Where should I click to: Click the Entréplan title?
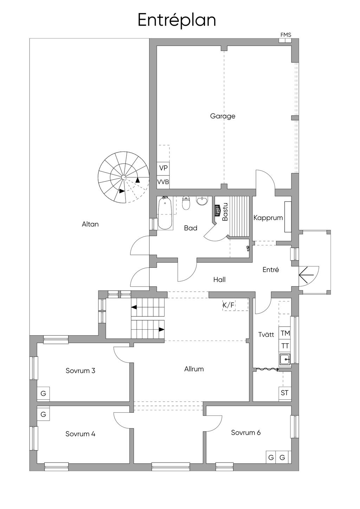click(177, 20)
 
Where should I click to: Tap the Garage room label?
click(223, 116)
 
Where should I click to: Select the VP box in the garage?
click(163, 168)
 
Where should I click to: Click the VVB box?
click(163, 182)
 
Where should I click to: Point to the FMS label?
click(286, 35)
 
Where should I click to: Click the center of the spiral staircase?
click(123, 177)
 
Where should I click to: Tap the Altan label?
click(90, 224)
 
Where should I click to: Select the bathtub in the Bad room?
click(165, 213)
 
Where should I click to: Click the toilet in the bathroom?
click(186, 202)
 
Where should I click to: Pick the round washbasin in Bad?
click(202, 200)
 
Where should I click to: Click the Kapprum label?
click(268, 218)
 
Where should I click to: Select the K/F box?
click(229, 305)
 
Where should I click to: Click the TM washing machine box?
click(285, 333)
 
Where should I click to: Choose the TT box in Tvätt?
click(285, 346)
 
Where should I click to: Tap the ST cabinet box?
click(285, 393)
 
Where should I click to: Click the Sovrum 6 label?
click(246, 432)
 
